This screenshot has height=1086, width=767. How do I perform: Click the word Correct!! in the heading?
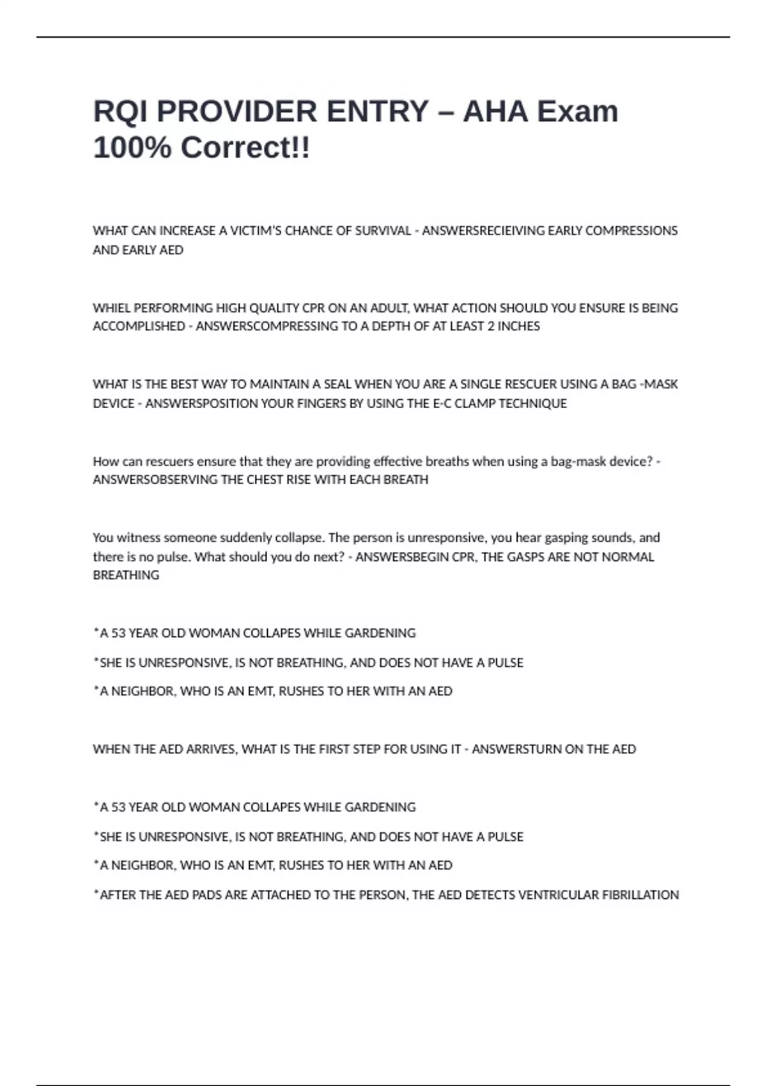point(245,148)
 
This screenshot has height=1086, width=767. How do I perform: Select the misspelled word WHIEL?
point(111,308)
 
